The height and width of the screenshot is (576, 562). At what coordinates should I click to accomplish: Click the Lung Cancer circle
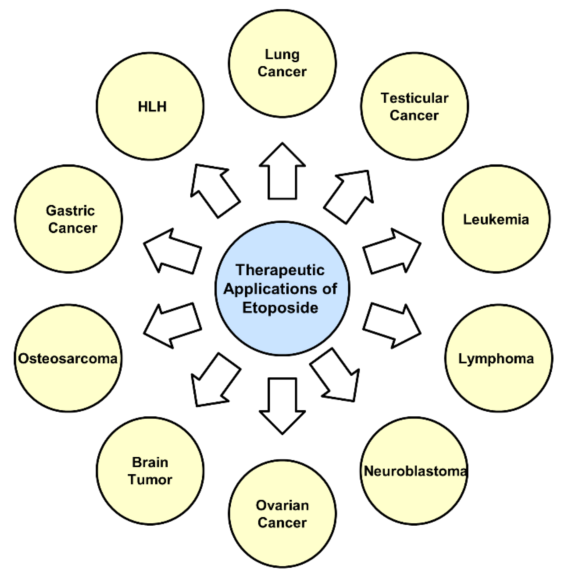point(282,64)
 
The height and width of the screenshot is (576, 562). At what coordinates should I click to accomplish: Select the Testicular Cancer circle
point(414,106)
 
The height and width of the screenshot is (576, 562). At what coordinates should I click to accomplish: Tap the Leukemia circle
point(496,219)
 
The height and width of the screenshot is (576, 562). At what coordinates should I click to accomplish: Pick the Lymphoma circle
point(498,358)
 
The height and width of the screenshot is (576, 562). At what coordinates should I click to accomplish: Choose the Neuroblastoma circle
point(414,470)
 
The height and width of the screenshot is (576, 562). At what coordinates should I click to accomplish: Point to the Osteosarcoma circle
point(68,358)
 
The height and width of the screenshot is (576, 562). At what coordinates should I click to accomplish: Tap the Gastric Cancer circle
point(68,219)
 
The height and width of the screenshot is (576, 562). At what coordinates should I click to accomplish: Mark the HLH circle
point(150,106)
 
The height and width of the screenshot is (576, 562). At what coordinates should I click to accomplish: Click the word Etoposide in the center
point(280,308)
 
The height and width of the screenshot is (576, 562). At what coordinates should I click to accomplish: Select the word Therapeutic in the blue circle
point(280,270)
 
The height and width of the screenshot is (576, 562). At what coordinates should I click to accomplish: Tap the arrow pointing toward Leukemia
point(391,251)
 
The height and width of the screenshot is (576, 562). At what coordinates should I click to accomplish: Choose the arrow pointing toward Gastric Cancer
point(173,251)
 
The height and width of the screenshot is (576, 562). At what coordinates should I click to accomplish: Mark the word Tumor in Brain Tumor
point(150,480)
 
